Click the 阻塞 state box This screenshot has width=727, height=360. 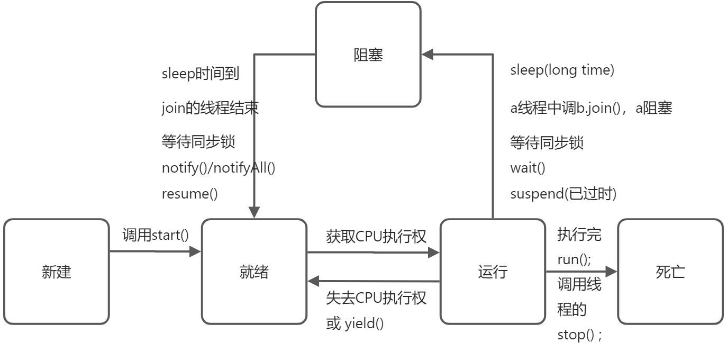tap(368, 55)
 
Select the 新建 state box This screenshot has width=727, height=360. tap(56, 272)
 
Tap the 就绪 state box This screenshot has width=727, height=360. tap(254, 272)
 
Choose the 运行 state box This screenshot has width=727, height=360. tap(493, 272)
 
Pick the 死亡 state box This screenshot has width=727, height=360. tap(670, 272)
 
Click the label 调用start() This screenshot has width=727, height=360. tap(156, 235)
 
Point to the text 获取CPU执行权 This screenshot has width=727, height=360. tap(376, 236)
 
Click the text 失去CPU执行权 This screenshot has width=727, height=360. tap(376, 298)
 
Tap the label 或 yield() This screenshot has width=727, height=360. tap(355, 323)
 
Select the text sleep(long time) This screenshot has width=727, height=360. tap(562, 70)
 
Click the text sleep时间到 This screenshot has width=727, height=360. tap(201, 74)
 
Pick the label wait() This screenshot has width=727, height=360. tap(528, 168)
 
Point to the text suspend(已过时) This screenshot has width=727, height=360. tap(564, 194)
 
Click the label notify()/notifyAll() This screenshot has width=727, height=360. tap(219, 168)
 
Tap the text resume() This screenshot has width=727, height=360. tap(189, 194)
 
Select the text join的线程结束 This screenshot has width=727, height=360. tap(210, 108)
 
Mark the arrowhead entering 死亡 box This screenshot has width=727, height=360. tap(612, 272)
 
